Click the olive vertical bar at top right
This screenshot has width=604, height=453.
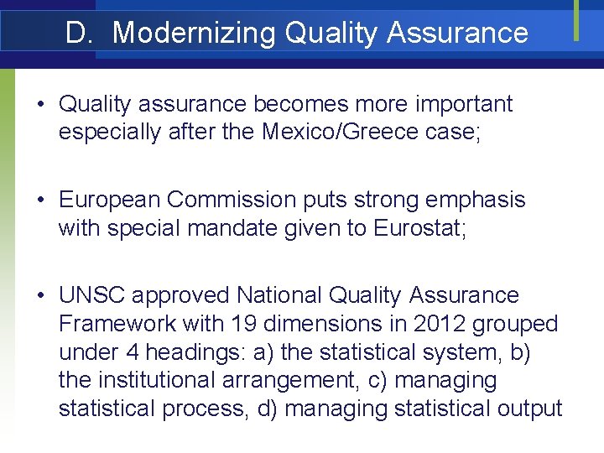577,19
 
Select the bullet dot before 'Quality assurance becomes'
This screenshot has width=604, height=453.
40,105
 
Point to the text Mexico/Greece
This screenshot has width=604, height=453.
337,133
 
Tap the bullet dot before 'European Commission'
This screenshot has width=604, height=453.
40,200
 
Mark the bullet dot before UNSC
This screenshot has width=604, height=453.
40,296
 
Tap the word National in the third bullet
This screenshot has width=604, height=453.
277,295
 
